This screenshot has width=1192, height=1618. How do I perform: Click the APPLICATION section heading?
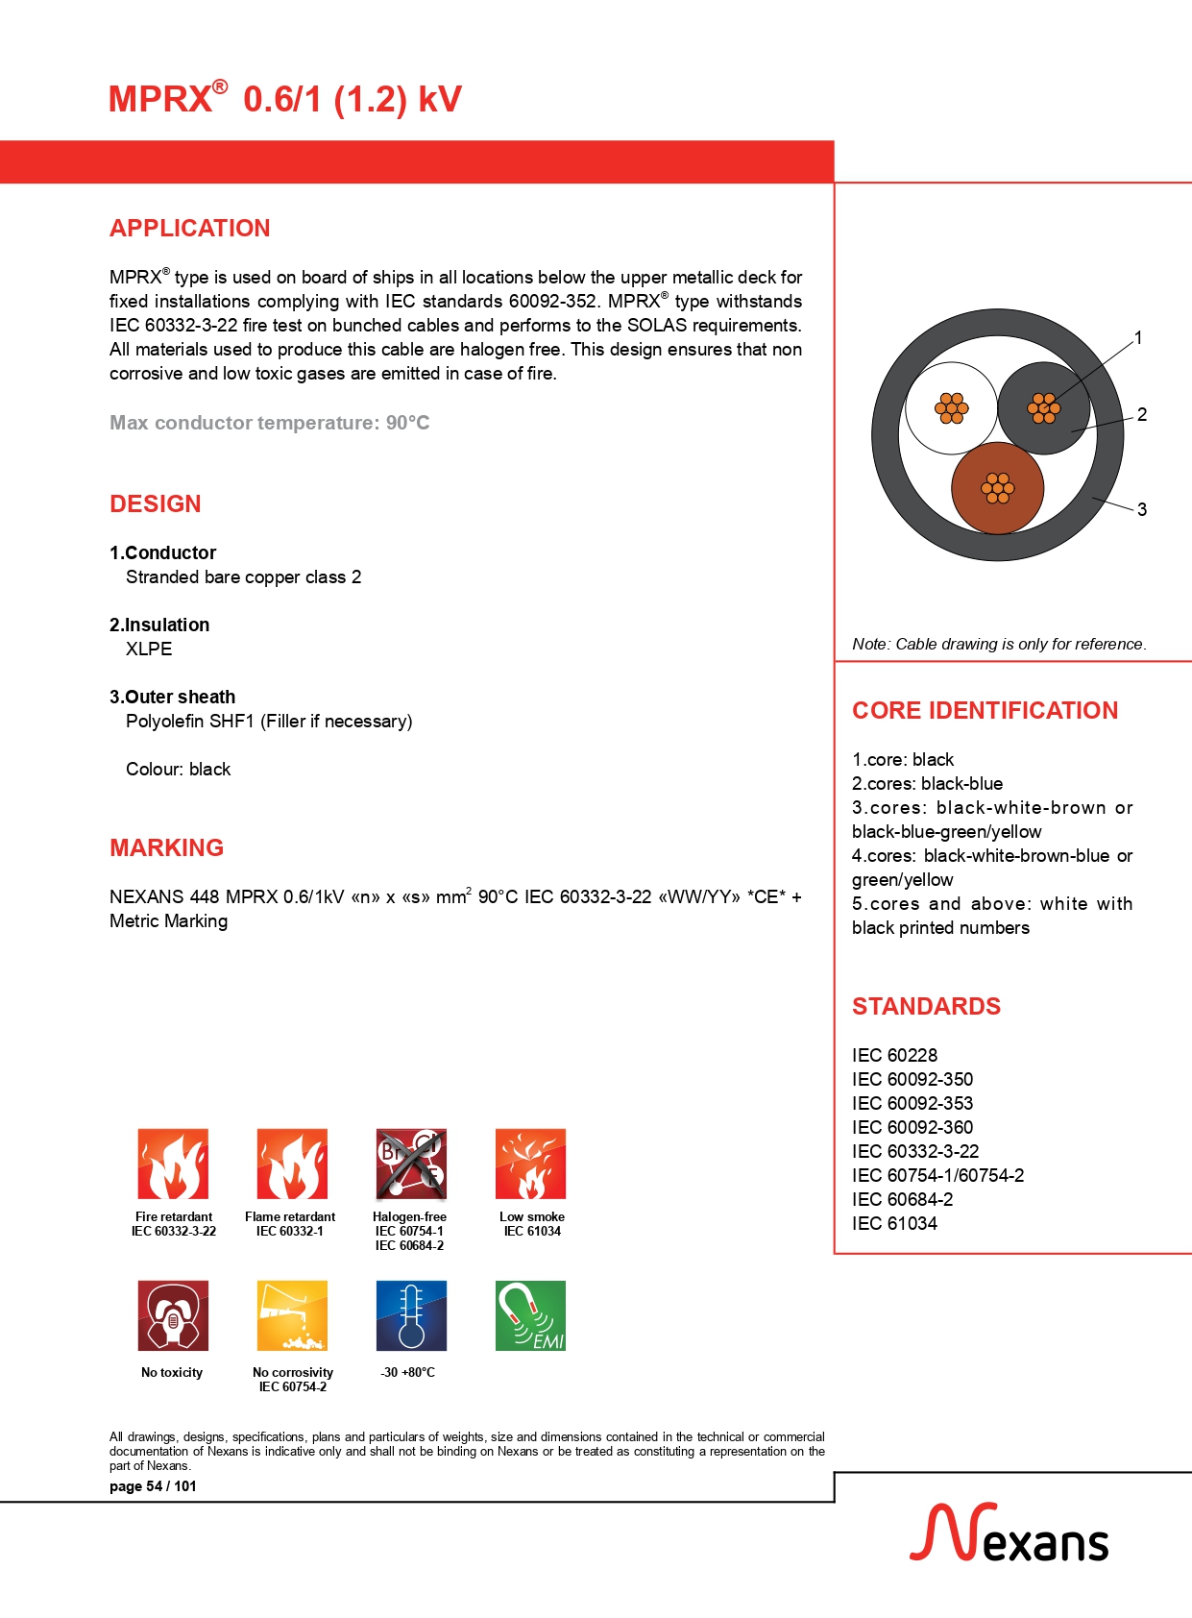189,229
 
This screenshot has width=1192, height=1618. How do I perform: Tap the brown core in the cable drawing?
997,488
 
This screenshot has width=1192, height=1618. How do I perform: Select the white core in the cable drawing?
951,408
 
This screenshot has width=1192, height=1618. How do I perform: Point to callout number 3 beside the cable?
1142,509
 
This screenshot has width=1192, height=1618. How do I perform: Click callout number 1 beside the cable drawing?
1138,338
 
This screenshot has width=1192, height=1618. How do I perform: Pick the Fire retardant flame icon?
173,1164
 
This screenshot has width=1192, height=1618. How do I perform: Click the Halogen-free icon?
411,1164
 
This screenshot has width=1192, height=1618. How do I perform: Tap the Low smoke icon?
530,1164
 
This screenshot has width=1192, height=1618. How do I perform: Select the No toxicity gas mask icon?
173,1315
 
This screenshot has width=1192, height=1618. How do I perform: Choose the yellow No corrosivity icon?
292,1315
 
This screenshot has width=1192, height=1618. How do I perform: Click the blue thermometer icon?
411,1315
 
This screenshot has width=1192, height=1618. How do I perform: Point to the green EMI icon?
530,1315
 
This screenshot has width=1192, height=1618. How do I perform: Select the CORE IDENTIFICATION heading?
985,711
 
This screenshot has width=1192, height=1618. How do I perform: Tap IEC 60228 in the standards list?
894,1055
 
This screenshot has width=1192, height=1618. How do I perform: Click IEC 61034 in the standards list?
894,1223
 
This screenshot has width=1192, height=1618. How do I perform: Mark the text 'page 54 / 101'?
153,1486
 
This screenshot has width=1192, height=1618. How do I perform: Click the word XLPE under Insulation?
149,650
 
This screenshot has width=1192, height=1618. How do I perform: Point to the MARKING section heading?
166,848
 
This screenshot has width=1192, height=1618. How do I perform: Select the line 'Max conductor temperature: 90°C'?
269,423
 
